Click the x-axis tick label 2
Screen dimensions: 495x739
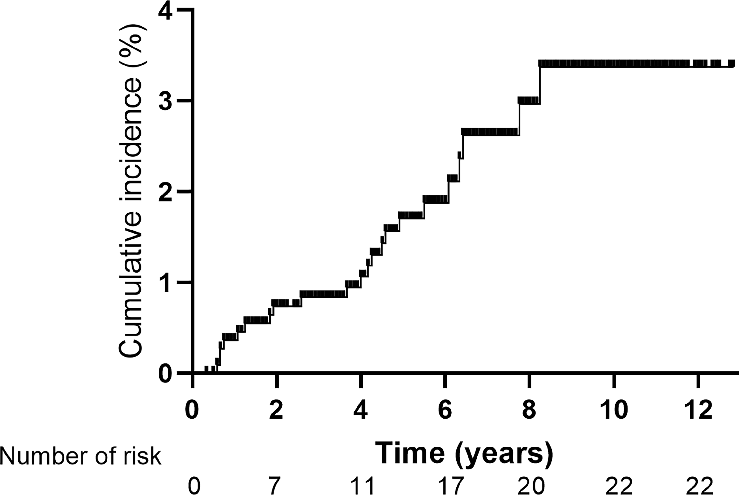click(276, 411)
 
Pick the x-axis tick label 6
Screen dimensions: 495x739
click(445, 411)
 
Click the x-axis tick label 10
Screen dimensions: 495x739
click(614, 411)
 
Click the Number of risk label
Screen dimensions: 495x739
click(80, 456)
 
